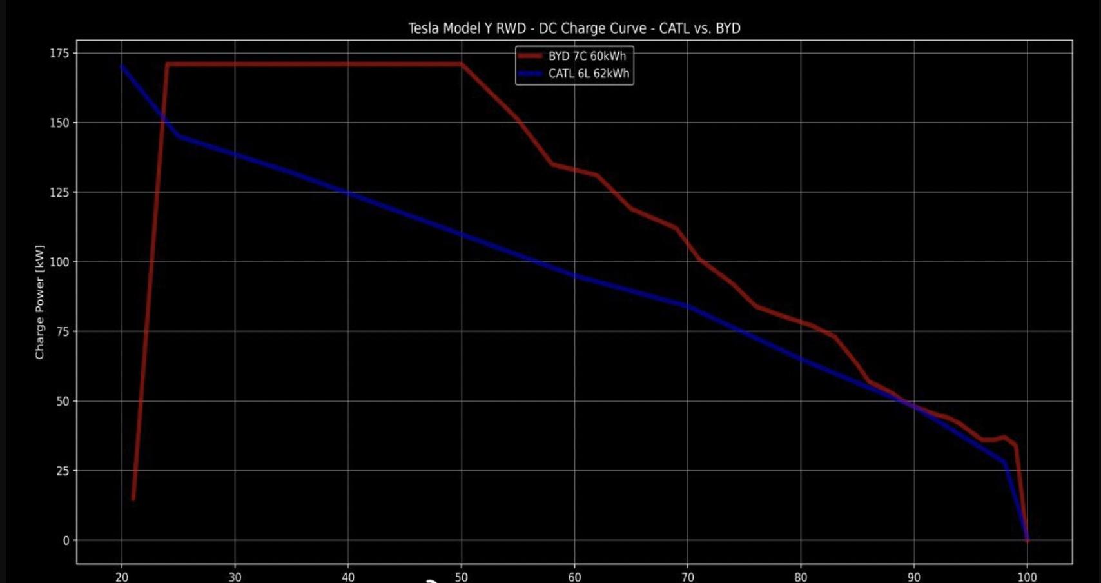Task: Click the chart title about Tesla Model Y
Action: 574,28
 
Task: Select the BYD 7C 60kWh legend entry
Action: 587,56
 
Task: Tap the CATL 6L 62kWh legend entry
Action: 588,74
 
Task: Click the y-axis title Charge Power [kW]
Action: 40,302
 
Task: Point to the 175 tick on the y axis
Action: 59,54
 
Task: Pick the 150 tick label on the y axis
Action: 59,123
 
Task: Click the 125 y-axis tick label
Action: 59,192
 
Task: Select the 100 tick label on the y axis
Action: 59,262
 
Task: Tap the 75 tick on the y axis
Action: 63,331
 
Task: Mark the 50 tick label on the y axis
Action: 63,401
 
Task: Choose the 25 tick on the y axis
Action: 63,471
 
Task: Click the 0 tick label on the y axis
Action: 66,540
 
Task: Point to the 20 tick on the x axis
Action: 122,577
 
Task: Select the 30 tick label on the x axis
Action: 235,577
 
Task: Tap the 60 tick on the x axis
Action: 574,577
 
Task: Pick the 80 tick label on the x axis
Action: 801,577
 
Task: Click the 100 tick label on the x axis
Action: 1027,577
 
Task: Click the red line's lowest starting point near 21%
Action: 133,499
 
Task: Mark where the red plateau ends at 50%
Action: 461,64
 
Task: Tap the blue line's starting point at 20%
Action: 122,66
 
